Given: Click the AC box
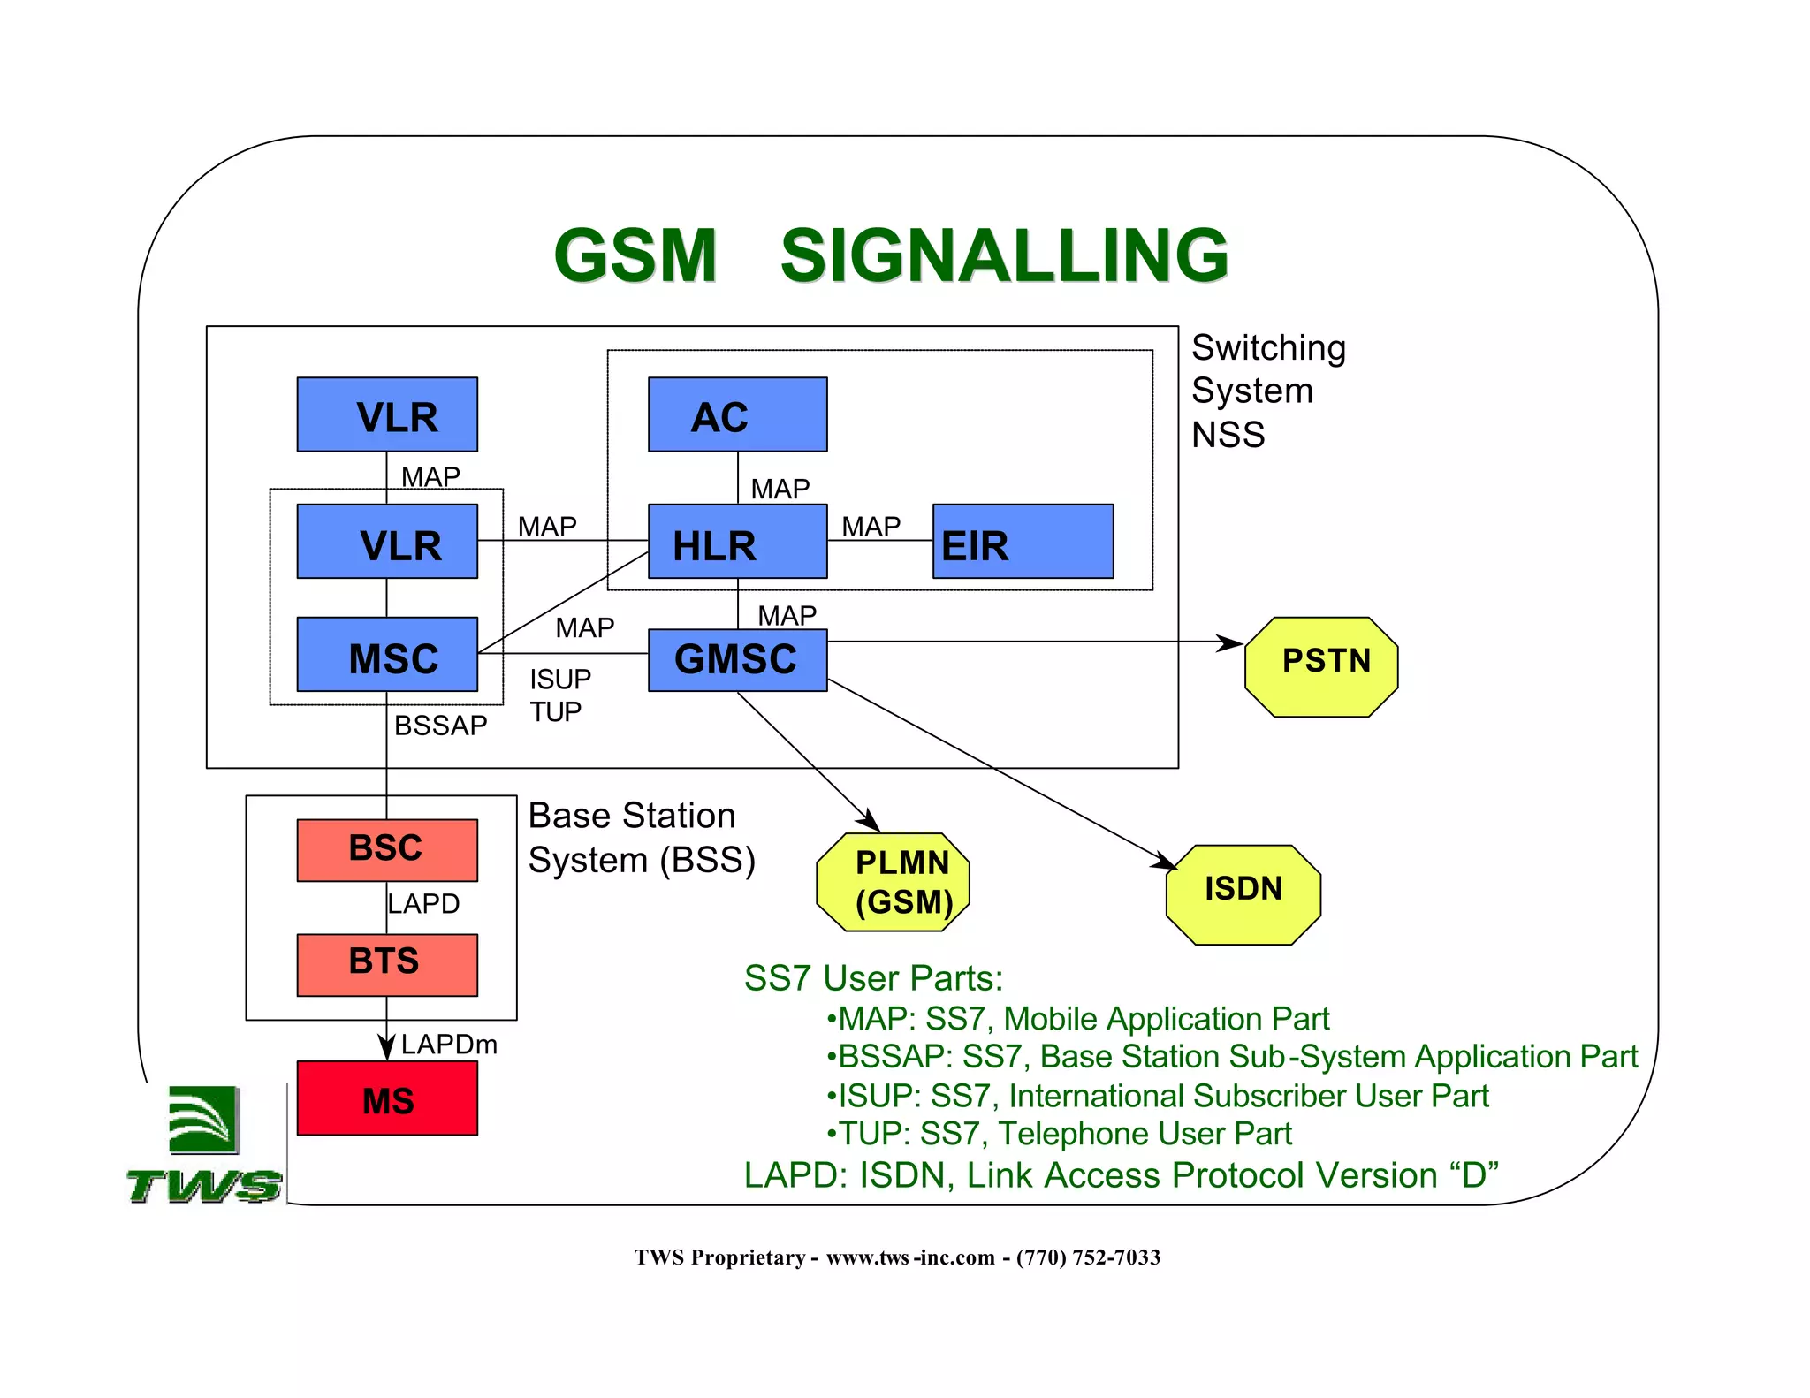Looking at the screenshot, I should point(737,414).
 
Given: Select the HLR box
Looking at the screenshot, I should point(737,542).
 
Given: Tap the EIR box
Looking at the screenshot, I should point(1023,542).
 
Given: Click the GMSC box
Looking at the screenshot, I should point(737,659).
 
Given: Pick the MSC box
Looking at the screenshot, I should point(387,655).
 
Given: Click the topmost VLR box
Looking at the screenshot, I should point(387,414).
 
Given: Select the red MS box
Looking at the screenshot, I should point(387,1098).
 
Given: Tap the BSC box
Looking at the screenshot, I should point(387,849).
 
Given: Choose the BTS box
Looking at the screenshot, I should point(387,964).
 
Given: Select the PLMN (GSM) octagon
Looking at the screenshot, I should point(893,882).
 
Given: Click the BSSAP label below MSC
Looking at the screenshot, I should point(440,726).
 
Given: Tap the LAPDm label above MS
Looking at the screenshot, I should point(449,1045).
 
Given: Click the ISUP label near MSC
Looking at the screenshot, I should point(560,679).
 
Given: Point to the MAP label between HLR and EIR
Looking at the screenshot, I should point(871,527).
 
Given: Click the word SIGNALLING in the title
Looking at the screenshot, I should point(1004,255).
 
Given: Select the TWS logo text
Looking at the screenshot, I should point(204,1185).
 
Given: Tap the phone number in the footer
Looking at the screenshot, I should point(1088,1257).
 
